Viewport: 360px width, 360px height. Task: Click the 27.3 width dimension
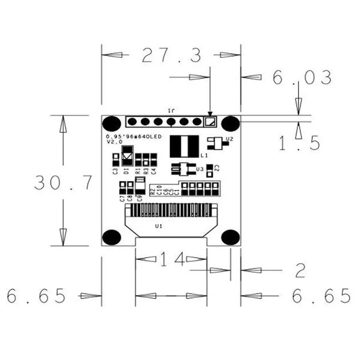[171, 55]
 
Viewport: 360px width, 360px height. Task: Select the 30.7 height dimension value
[63, 182]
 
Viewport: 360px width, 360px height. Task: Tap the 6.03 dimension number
[302, 77]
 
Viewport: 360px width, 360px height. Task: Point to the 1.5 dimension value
[299, 143]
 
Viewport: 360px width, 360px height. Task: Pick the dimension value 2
[300, 271]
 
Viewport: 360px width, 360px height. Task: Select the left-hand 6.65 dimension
[36, 296]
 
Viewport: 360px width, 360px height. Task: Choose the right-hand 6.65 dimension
[321, 296]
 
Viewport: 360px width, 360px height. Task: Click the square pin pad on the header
[210, 122]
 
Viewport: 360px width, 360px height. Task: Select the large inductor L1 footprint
[184, 146]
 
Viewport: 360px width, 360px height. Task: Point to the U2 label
[230, 139]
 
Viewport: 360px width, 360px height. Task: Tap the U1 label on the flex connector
[159, 226]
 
